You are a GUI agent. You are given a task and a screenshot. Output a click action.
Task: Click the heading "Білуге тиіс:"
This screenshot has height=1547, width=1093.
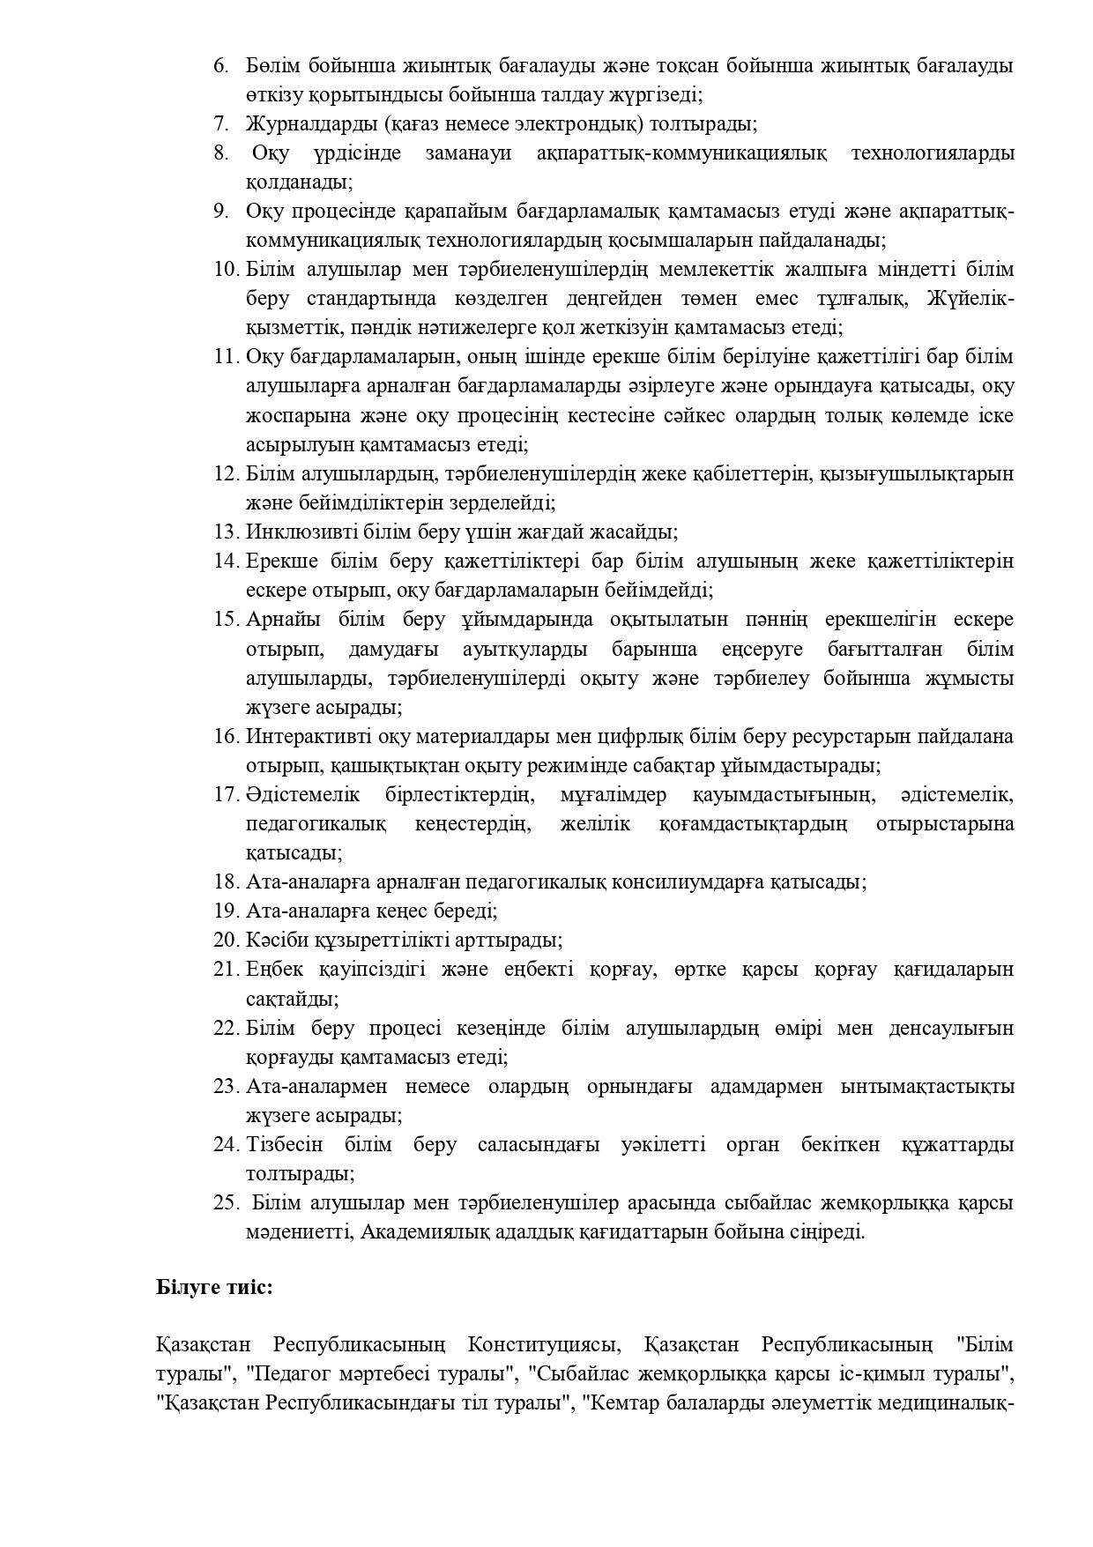pyautogui.click(x=214, y=1287)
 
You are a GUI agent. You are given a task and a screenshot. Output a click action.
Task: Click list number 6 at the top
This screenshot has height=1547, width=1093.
pyautogui.click(x=220, y=66)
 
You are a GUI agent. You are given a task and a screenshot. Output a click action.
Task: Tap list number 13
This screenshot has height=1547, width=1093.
pyautogui.click(x=226, y=532)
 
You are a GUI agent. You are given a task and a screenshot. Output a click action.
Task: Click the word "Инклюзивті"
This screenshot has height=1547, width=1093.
pyautogui.click(x=289, y=532)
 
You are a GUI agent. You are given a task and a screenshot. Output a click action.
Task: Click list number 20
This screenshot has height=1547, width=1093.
pyautogui.click(x=226, y=940)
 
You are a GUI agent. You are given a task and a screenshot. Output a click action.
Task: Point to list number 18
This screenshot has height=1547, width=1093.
pyautogui.click(x=226, y=881)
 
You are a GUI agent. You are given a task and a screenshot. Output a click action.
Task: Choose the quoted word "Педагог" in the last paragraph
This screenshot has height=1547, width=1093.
pyautogui.click(x=290, y=1374)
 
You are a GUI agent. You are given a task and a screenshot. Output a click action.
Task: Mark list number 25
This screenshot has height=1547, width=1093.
pyautogui.click(x=226, y=1202)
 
